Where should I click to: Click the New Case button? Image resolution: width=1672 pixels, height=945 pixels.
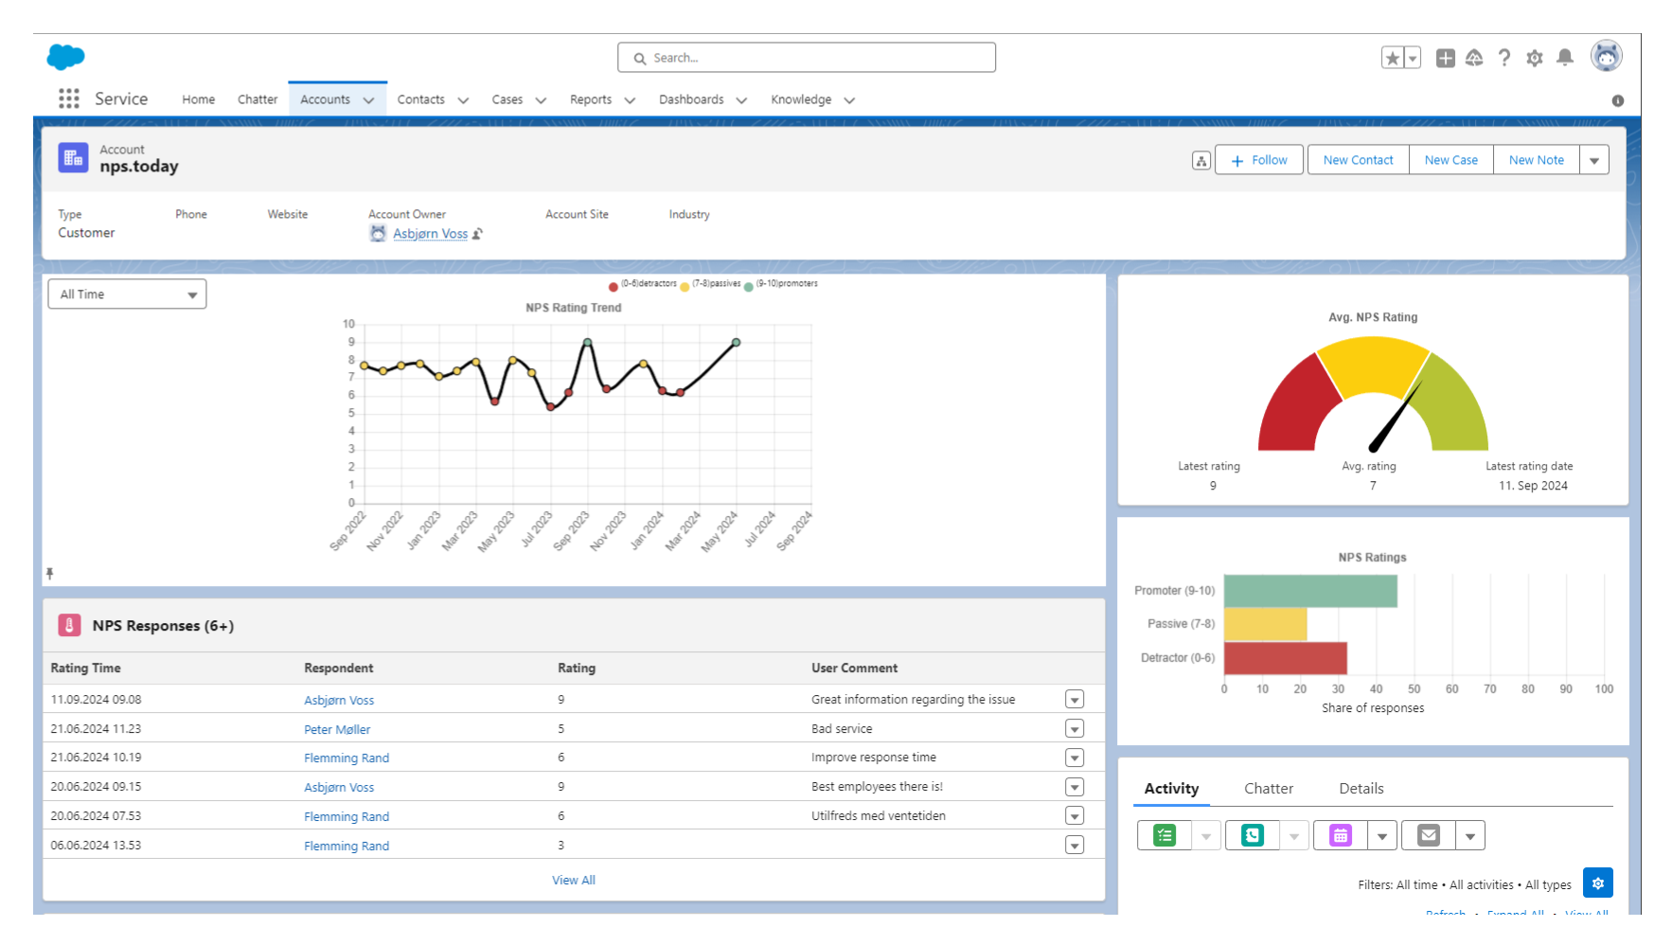(1450, 160)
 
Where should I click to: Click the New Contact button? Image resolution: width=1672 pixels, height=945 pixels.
(1358, 160)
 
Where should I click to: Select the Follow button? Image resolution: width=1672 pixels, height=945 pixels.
(1259, 160)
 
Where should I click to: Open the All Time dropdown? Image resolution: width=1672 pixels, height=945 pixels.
(127, 294)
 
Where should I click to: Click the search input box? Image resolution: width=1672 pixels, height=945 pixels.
(807, 58)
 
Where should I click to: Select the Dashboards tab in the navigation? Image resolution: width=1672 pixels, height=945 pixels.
(692, 99)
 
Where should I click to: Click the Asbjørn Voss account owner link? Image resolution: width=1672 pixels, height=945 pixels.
(430, 234)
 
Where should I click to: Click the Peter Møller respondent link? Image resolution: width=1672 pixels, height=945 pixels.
(337, 729)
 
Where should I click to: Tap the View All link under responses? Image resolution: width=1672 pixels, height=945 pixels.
(574, 880)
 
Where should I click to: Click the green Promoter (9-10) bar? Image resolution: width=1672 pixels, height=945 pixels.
(1309, 591)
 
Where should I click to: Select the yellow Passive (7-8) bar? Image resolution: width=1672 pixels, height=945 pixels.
(1265, 624)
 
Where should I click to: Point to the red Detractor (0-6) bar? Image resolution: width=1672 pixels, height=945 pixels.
(1285, 658)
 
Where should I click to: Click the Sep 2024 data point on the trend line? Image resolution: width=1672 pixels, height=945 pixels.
(736, 343)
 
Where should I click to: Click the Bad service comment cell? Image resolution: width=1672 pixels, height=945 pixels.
(842, 729)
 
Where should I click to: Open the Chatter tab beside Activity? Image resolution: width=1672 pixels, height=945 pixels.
(1268, 789)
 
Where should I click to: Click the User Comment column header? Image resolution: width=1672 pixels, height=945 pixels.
(854, 668)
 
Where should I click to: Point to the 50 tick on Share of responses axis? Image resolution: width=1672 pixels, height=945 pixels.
(1414, 689)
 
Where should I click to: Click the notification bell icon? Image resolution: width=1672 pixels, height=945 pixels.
(1565, 58)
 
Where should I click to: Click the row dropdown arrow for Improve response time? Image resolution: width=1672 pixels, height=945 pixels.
(1074, 758)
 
